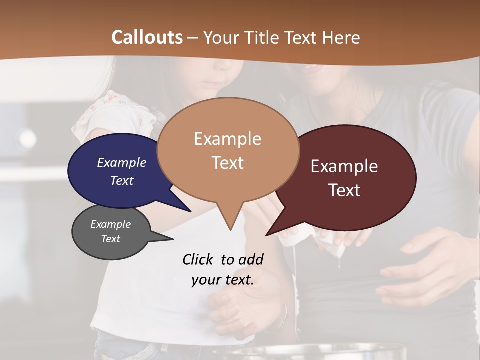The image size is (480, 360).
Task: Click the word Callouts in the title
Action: [x=147, y=37]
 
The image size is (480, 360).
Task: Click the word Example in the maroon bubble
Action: [x=344, y=166]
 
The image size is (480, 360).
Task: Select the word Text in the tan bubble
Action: [x=228, y=163]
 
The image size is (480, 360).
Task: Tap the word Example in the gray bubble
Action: [x=110, y=224]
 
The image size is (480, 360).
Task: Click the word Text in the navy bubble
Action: [x=122, y=181]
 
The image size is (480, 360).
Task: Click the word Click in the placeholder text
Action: [x=198, y=259]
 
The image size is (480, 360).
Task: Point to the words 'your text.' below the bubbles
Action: [x=222, y=280]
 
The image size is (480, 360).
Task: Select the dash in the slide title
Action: [x=193, y=37]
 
